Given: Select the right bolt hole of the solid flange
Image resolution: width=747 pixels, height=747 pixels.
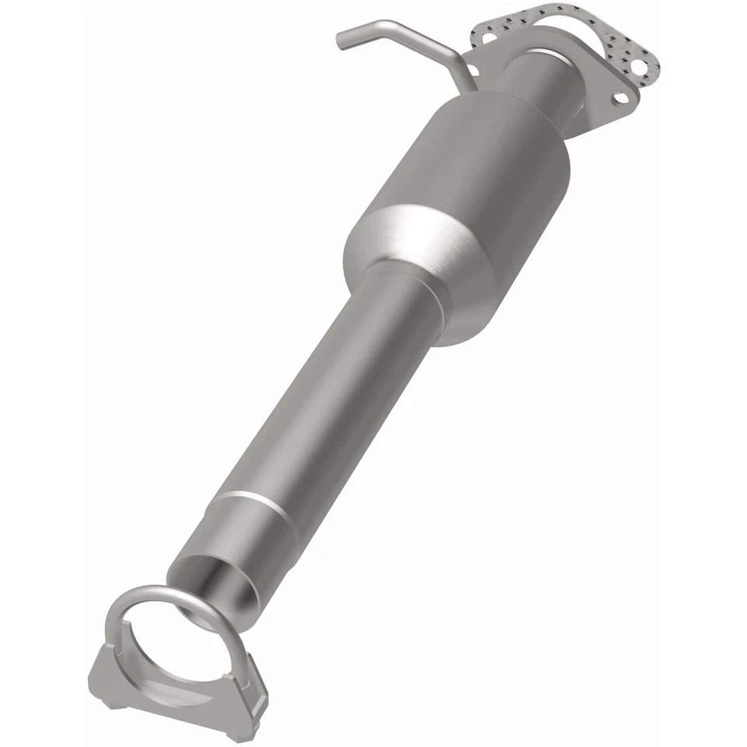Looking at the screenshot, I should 620,98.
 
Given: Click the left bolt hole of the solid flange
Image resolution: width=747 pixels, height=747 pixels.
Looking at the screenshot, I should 489,36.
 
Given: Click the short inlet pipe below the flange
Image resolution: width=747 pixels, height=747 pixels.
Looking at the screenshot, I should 537,86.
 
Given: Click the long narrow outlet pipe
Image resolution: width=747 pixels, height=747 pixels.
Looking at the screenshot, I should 327,389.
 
